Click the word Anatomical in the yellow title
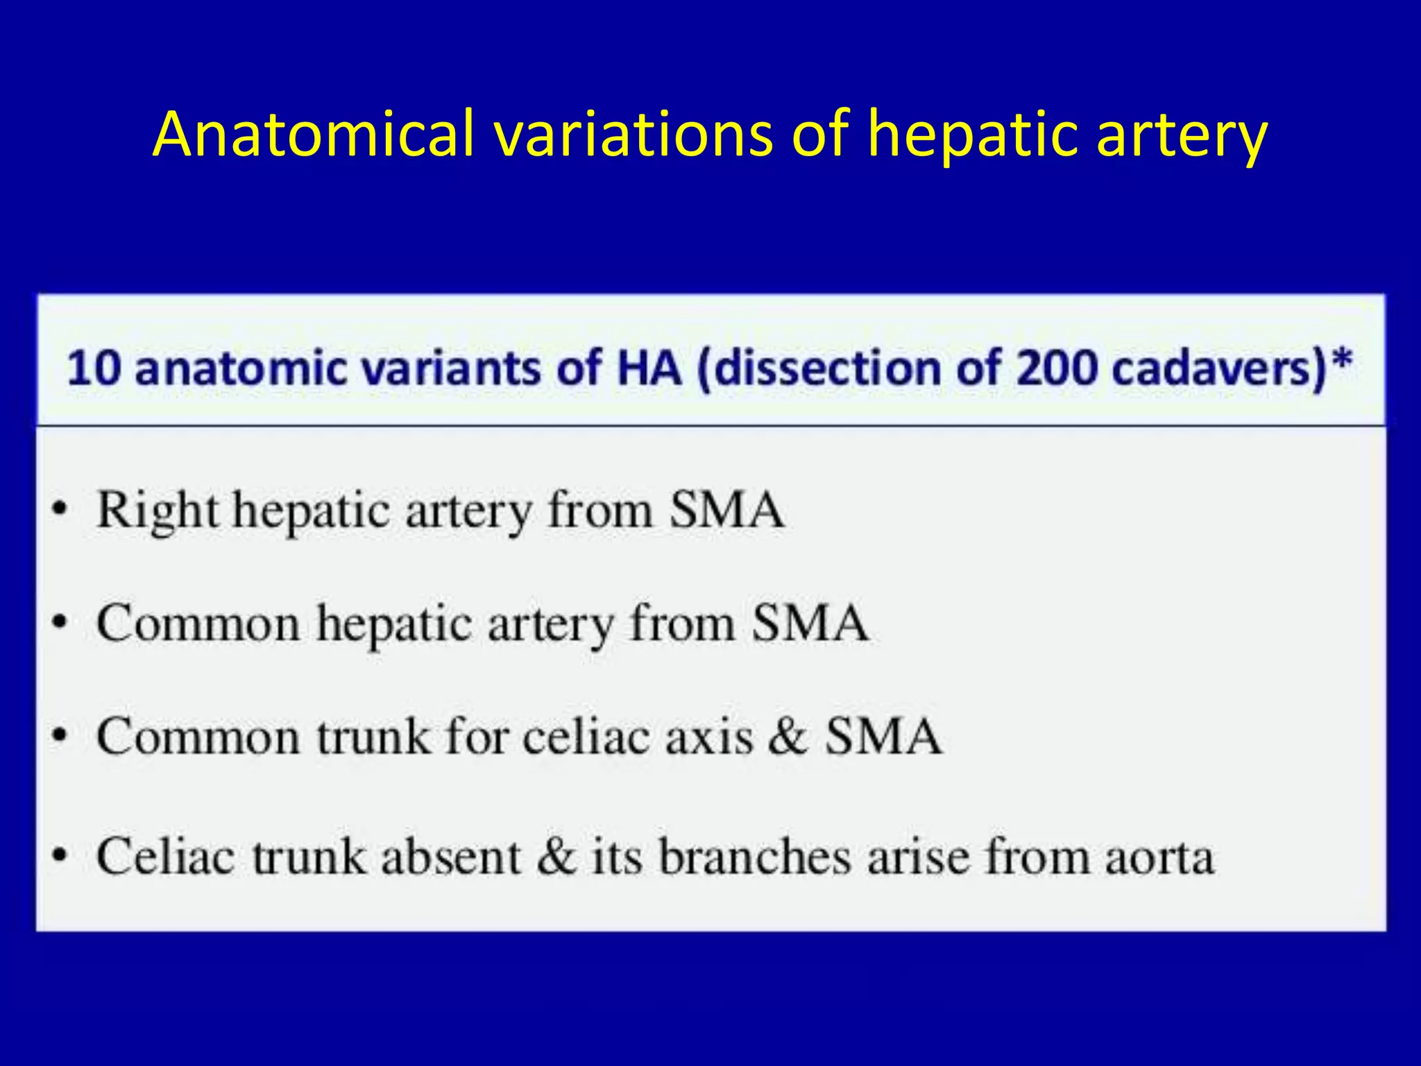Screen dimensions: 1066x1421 [x=313, y=133]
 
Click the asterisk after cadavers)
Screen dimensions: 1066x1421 [x=1343, y=362]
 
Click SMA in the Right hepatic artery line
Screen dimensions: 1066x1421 [x=726, y=510]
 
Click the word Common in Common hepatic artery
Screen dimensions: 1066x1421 [x=198, y=623]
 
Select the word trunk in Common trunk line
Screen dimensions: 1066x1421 [x=373, y=736]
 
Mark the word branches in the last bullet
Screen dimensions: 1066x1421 [x=754, y=856]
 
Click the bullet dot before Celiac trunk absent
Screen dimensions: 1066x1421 [x=61, y=855]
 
